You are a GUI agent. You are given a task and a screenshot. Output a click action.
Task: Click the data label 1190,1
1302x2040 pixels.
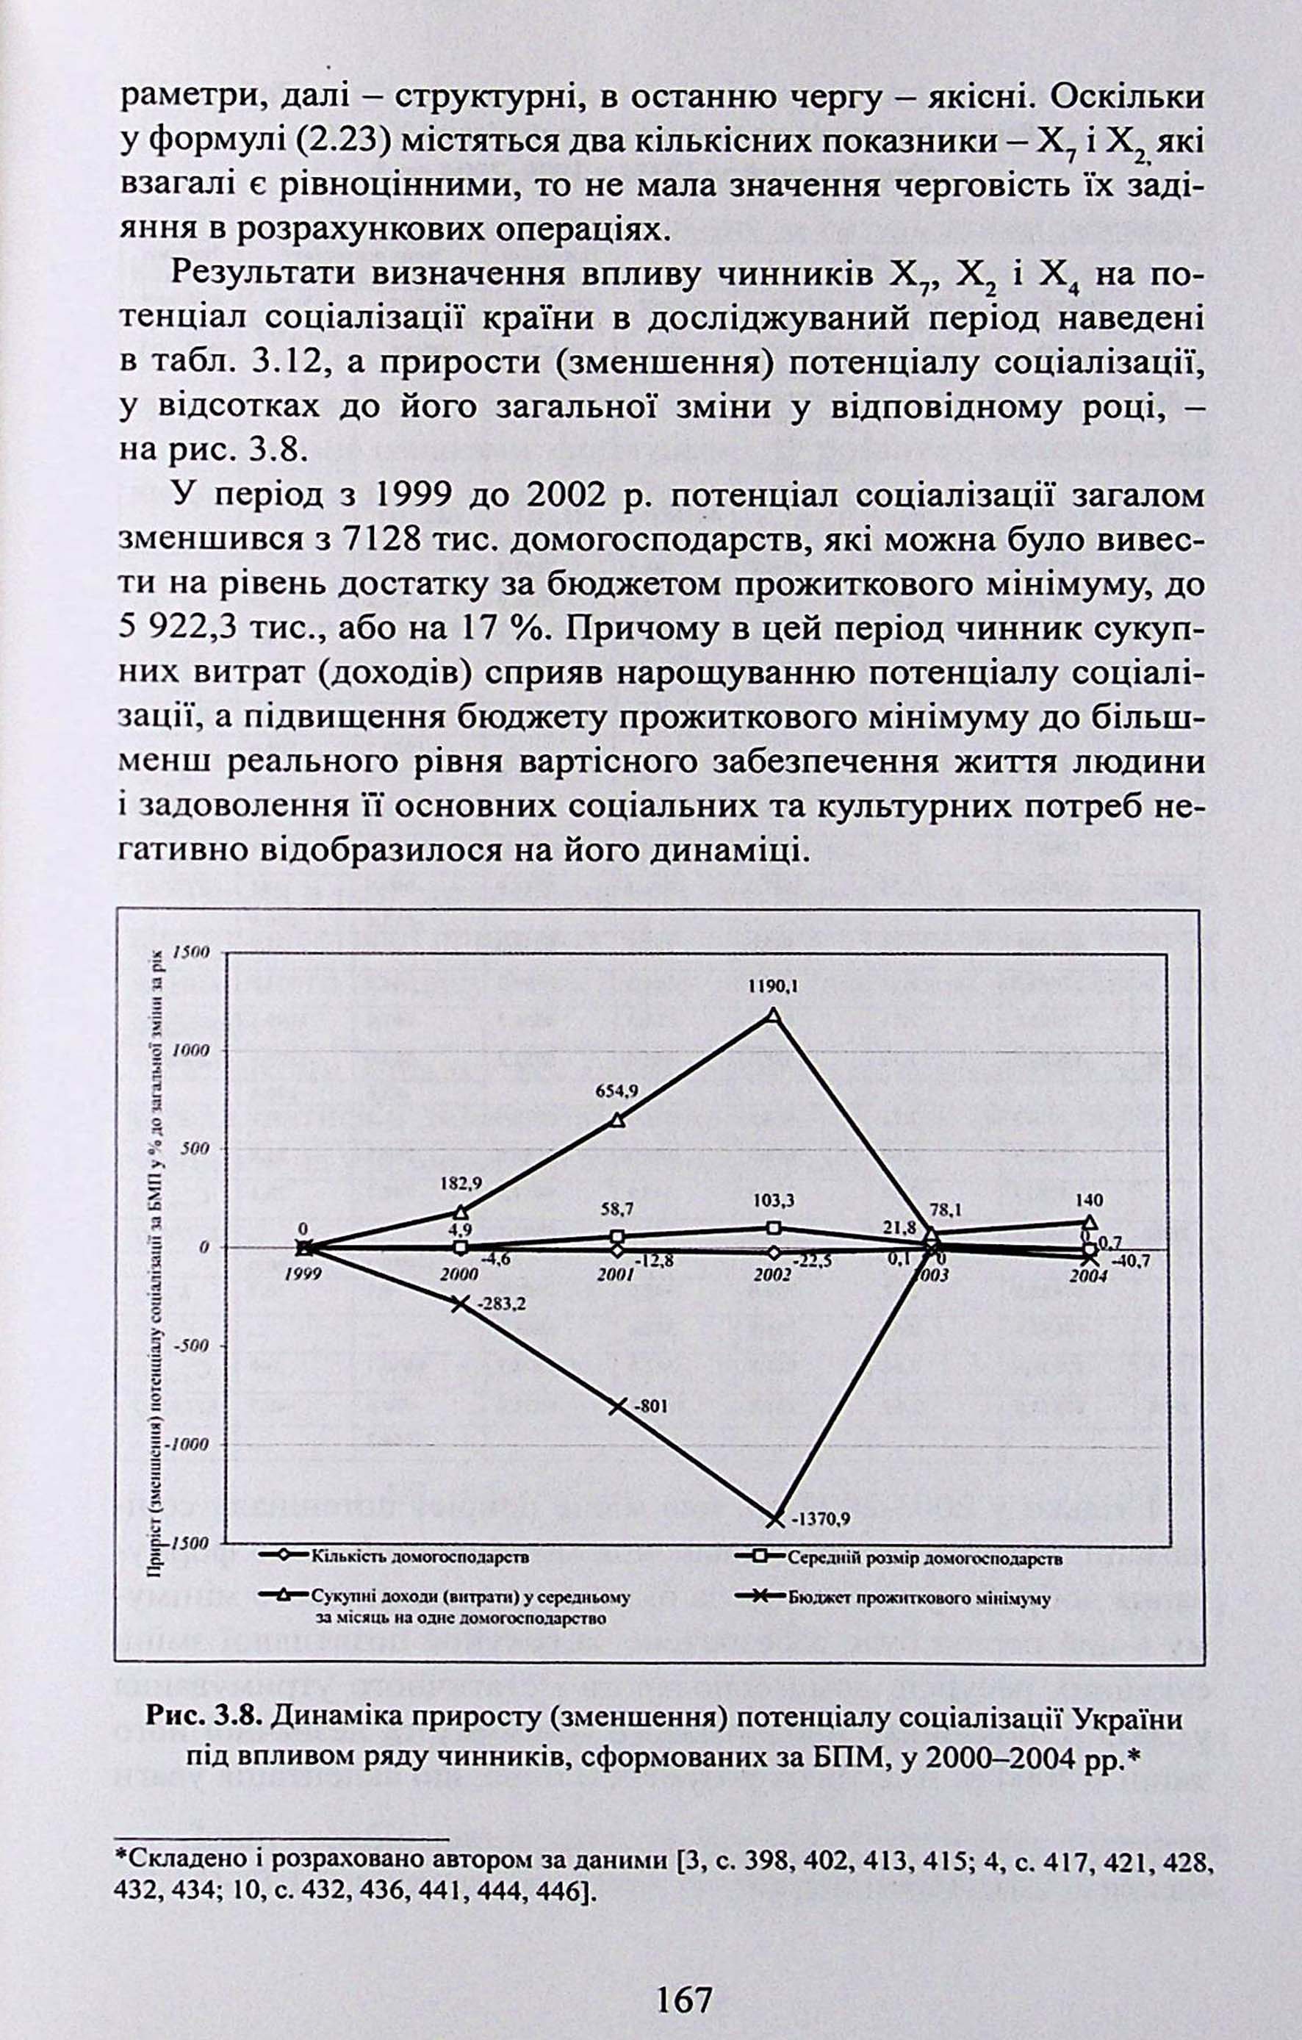[772, 988]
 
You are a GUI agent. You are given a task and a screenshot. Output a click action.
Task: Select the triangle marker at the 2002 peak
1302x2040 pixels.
[772, 1015]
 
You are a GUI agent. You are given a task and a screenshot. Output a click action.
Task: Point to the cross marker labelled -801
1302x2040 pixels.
[617, 1407]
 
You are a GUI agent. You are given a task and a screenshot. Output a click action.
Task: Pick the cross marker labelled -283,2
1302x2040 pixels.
[460, 1304]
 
